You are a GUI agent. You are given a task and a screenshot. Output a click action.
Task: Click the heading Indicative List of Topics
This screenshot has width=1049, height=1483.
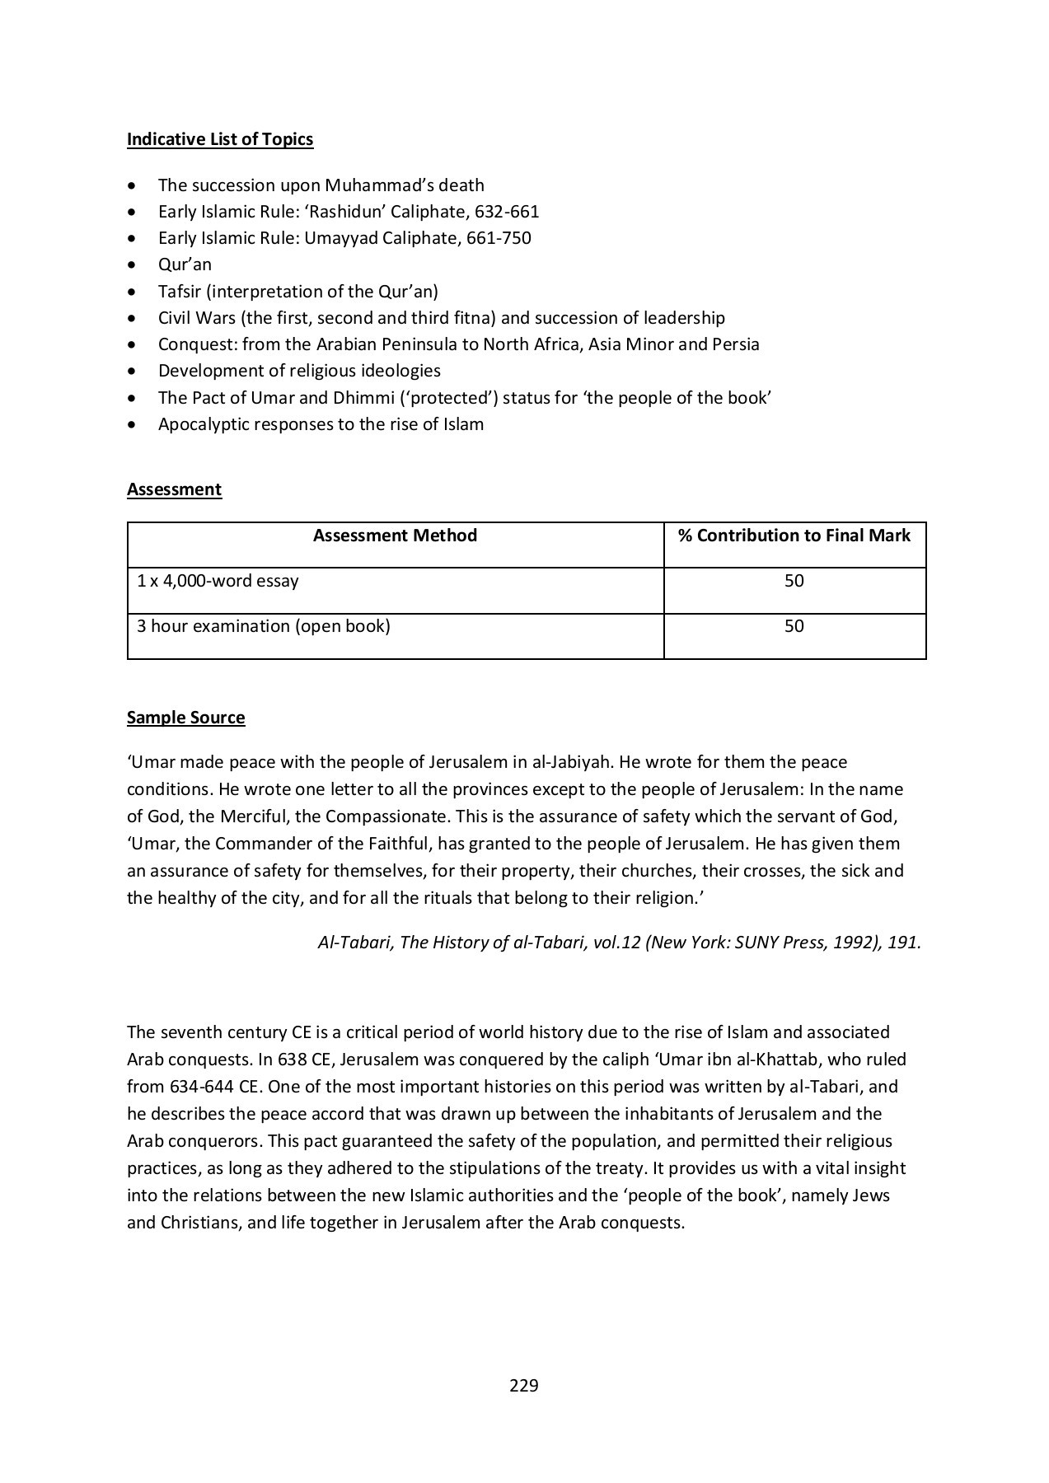pos(220,139)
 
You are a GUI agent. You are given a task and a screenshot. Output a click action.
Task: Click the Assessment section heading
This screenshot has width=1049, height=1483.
pos(174,489)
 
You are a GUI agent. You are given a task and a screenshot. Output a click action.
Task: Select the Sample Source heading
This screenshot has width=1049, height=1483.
pos(185,718)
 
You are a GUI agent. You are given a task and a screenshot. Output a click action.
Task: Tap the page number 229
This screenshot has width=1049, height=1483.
pos(523,1385)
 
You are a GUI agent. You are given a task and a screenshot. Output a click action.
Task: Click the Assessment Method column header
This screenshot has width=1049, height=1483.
pos(395,536)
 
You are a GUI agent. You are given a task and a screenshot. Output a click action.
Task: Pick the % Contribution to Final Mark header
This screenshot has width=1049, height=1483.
pos(794,536)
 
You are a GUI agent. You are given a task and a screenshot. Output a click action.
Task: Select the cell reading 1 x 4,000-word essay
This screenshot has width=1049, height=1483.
pos(218,581)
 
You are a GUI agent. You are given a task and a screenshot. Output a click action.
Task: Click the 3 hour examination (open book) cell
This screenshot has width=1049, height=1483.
pos(264,626)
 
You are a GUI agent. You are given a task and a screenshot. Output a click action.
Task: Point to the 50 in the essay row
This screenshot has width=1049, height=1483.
pos(794,581)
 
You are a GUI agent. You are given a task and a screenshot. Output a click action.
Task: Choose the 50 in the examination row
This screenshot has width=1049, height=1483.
pos(794,626)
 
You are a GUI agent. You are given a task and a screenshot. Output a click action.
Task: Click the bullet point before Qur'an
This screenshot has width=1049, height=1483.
pos(133,265)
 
